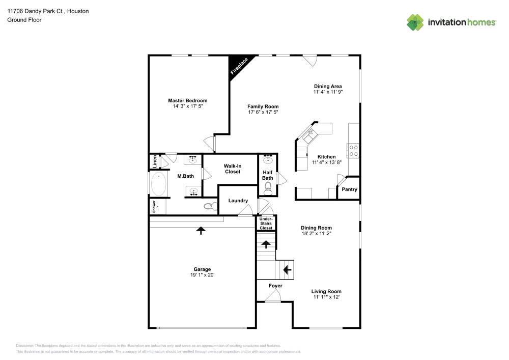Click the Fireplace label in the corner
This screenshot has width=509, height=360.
(239, 67)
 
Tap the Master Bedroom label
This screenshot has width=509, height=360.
(188, 101)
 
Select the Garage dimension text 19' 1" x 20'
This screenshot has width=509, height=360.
(202, 275)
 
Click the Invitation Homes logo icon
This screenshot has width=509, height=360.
(415, 22)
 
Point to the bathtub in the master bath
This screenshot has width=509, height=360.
(159, 185)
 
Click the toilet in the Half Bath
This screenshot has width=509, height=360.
(268, 187)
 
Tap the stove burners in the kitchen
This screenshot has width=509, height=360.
(353, 150)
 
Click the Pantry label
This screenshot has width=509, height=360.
(349, 189)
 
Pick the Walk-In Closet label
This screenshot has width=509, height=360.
(233, 169)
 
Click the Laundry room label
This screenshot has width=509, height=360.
(238, 201)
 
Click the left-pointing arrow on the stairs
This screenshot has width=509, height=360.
(287, 269)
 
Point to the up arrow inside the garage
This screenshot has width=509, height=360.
(201, 231)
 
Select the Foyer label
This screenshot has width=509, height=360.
(275, 286)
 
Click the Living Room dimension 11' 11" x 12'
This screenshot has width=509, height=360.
(326, 297)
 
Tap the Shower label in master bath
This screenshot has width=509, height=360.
(153, 206)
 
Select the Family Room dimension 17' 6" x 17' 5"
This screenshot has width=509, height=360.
(263, 112)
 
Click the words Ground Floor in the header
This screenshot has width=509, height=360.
(24, 20)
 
